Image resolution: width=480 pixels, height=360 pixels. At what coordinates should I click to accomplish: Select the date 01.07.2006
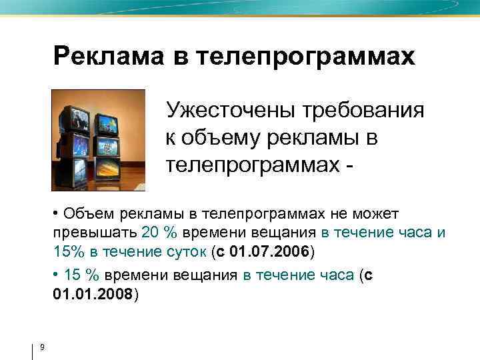coord(270,252)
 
